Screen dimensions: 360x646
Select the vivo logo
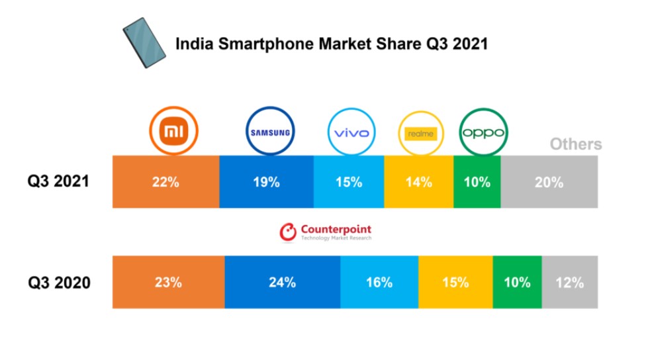(x=351, y=133)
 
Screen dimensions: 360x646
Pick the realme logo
(x=421, y=134)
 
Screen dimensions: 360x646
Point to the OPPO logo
(x=483, y=132)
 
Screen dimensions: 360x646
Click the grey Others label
(x=576, y=144)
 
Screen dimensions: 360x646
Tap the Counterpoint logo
(x=325, y=232)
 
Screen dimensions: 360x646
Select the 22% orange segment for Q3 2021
(x=165, y=182)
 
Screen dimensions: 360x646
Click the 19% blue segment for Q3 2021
(x=266, y=182)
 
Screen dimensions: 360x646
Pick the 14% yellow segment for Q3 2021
(x=418, y=182)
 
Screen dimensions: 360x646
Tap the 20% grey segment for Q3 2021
(x=549, y=182)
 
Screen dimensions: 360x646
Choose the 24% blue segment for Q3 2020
(x=283, y=283)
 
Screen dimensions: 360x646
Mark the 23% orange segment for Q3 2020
(x=169, y=283)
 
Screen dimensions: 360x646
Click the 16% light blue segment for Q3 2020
(x=379, y=283)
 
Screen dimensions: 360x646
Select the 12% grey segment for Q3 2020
(x=570, y=283)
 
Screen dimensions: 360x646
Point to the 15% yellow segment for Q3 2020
(x=455, y=283)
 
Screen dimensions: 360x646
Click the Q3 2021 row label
(x=58, y=182)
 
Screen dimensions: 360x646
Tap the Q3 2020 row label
(x=59, y=283)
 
